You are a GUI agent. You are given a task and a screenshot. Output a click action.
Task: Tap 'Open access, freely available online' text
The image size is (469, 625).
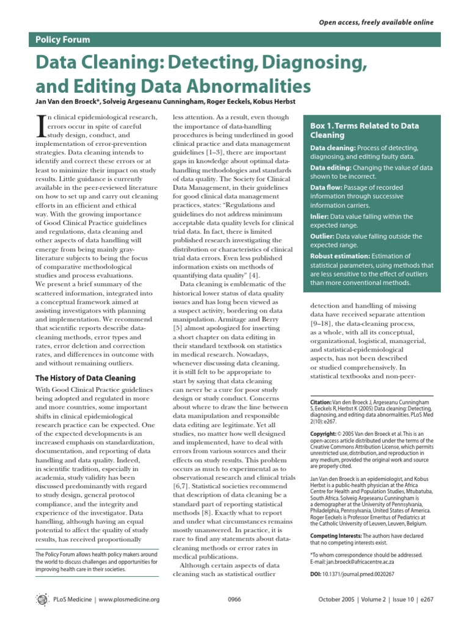[x=376, y=23]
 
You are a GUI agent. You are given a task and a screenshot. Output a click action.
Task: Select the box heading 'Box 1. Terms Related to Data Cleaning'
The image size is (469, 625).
[x=365, y=130]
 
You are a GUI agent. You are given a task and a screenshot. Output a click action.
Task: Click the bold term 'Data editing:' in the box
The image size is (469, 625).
[x=332, y=167]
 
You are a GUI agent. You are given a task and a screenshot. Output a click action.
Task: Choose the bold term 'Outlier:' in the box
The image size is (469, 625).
[x=323, y=236]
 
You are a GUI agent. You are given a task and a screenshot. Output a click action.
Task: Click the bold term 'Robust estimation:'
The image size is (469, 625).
[x=340, y=256]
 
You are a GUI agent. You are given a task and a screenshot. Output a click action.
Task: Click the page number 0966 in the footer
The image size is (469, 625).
[x=234, y=599]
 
